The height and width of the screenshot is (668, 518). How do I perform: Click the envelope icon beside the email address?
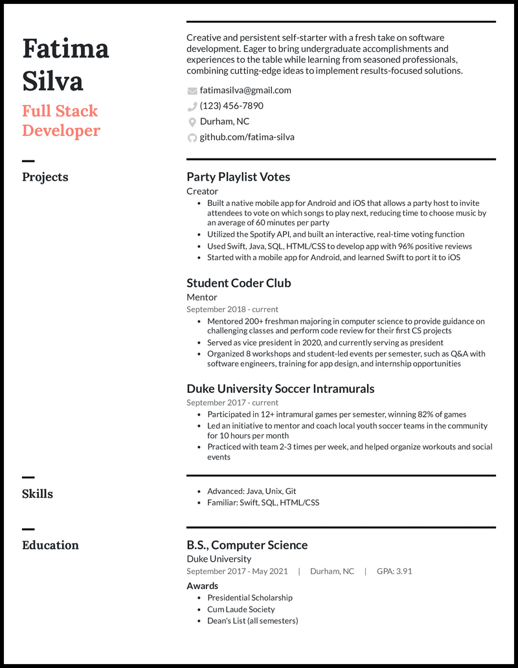(x=192, y=91)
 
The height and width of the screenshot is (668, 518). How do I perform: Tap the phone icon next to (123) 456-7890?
(x=192, y=106)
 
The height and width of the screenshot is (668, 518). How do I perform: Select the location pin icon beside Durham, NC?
(x=192, y=122)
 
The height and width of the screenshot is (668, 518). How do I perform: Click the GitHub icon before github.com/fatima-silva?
(x=192, y=137)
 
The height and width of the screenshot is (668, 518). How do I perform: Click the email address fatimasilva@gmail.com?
(x=245, y=91)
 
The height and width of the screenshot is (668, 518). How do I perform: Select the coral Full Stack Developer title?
(x=61, y=120)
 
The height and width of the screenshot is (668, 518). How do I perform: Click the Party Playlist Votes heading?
(x=238, y=177)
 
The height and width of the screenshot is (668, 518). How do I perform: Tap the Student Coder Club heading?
(x=238, y=283)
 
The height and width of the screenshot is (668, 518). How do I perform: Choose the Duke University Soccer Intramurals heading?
(x=280, y=389)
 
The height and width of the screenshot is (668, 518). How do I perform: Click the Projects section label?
(x=45, y=177)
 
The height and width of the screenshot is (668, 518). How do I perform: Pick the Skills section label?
(x=38, y=494)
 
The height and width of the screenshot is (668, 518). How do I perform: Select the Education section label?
(x=51, y=545)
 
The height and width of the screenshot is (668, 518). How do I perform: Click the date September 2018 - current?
(x=232, y=309)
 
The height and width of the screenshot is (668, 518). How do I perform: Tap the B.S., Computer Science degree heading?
(x=247, y=545)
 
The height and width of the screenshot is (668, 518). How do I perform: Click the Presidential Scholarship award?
(x=249, y=597)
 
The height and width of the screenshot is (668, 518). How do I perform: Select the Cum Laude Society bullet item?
(x=241, y=609)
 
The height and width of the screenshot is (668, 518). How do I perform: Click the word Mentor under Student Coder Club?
(x=202, y=297)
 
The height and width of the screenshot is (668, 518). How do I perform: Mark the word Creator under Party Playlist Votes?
(x=202, y=191)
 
